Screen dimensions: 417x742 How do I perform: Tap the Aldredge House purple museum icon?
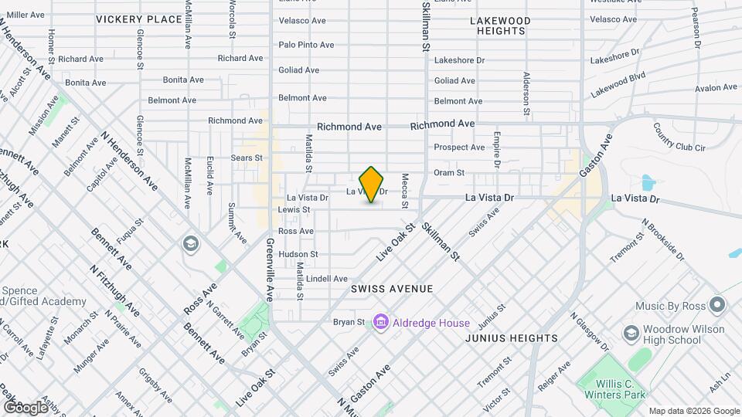(x=380, y=321)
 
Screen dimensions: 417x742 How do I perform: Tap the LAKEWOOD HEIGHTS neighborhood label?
(x=500, y=25)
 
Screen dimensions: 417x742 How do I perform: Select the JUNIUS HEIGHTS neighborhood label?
(x=512, y=338)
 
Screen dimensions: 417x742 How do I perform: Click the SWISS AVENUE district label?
(x=392, y=288)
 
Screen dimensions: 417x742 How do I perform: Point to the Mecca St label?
(x=403, y=194)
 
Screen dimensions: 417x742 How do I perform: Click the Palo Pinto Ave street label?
(x=306, y=45)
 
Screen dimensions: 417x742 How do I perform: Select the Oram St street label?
(x=448, y=173)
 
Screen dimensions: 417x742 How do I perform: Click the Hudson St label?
(x=298, y=253)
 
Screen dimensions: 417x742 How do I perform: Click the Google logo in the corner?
(x=26, y=407)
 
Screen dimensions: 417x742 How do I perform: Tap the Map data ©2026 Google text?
(x=693, y=411)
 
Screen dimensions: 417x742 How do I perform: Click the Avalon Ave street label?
(x=716, y=88)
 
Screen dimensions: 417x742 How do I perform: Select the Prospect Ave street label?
(x=459, y=147)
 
